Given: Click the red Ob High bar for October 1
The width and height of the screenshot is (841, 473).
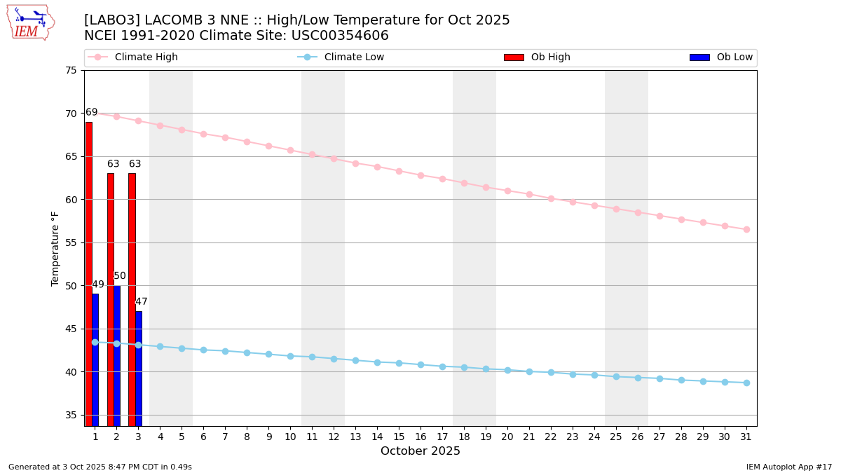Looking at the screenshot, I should [x=89, y=273].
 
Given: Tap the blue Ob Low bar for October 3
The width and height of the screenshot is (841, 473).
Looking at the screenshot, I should [x=139, y=368].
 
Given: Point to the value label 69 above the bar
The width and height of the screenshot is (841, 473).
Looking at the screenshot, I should [x=92, y=112].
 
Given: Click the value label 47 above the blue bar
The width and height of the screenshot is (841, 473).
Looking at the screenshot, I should [x=142, y=302].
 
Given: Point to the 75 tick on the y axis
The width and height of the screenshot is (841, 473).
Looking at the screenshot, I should [x=71, y=70].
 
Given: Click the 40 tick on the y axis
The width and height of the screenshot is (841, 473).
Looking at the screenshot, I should [x=71, y=372].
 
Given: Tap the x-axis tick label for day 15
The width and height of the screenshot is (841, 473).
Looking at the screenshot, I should [x=399, y=437].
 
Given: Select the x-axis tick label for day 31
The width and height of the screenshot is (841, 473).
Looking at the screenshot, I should [x=746, y=437].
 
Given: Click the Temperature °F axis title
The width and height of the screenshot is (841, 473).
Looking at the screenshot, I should [x=55, y=248].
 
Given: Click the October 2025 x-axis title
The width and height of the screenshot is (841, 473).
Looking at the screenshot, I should [x=420, y=451].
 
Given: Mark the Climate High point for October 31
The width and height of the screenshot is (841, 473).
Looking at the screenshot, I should [x=746, y=229].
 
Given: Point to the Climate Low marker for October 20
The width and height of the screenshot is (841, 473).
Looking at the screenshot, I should [x=507, y=370].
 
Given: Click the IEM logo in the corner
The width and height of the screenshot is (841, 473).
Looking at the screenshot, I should [x=30, y=22].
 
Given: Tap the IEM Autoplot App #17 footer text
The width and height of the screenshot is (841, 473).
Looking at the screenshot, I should [x=789, y=467].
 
